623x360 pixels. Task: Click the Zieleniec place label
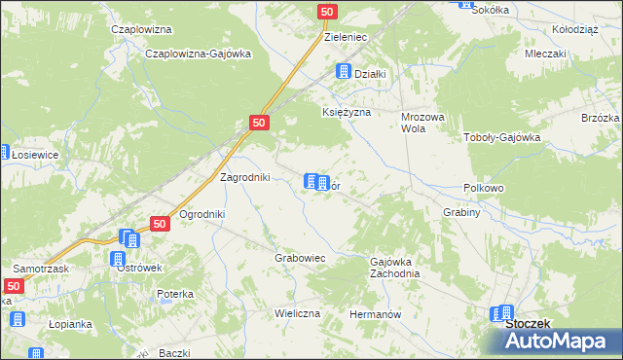345,37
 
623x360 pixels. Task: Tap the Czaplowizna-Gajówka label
198,54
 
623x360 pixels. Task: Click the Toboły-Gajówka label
501,137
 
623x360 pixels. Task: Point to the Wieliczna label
297,315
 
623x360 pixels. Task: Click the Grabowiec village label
299,259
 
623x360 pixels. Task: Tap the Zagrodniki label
245,177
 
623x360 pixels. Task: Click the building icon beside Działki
343,71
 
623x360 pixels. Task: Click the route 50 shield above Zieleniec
328,12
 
